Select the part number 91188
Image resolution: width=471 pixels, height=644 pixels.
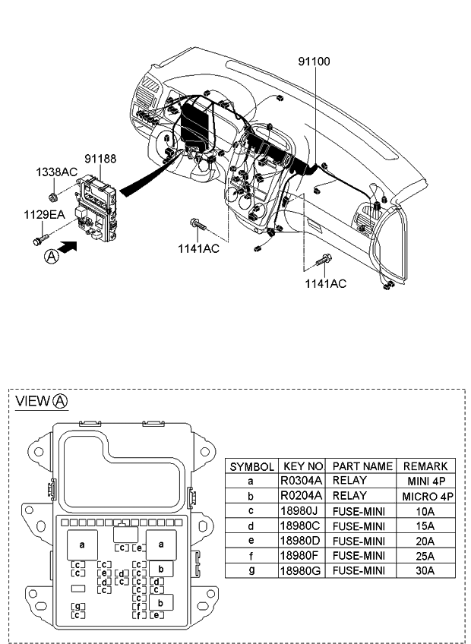click(x=100, y=159)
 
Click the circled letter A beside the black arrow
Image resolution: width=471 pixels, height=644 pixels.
click(x=51, y=257)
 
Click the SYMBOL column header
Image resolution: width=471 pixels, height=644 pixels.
click(x=252, y=466)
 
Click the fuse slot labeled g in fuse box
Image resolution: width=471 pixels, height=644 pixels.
click(x=77, y=605)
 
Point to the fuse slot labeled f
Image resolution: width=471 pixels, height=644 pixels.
click(x=139, y=605)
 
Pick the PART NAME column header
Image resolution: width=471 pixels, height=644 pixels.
click(x=362, y=466)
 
